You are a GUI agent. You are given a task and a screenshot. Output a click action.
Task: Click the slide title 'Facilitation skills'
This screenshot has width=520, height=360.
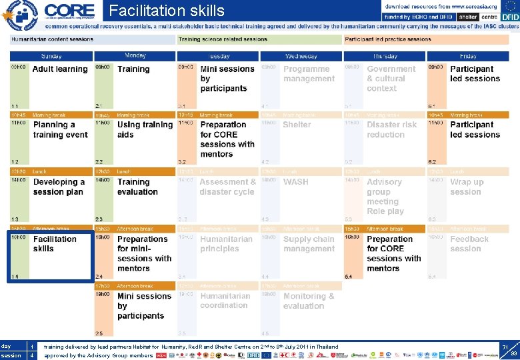[167, 11]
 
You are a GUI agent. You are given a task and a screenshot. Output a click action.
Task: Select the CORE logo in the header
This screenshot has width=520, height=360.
[70, 11]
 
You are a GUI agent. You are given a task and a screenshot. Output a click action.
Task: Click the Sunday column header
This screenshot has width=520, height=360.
[51, 56]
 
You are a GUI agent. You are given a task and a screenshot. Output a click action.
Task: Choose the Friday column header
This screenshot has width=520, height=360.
[468, 56]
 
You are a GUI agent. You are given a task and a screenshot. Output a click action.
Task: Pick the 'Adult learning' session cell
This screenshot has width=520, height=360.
[59, 69]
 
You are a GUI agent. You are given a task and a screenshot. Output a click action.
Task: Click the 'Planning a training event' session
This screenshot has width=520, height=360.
[60, 129]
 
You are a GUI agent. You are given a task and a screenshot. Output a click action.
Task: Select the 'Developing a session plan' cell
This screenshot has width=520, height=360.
[59, 187]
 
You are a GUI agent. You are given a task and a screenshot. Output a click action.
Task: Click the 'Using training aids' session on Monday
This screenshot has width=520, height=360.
[145, 129]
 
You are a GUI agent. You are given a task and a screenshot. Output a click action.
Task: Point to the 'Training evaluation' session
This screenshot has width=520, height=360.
[137, 187]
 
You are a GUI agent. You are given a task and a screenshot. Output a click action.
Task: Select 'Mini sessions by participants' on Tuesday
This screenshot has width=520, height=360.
[227, 78]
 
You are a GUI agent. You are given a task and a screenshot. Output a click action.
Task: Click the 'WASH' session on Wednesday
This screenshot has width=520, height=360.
[295, 181]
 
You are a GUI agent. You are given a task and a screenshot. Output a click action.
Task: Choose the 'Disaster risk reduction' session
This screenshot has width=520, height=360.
[392, 129]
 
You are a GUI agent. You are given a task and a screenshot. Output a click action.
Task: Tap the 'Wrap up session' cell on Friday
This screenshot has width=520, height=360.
[467, 187]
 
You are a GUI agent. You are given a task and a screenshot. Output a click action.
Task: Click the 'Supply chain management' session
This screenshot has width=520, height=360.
[309, 244]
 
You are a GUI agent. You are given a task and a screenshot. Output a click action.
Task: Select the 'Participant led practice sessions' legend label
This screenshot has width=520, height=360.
[388, 39]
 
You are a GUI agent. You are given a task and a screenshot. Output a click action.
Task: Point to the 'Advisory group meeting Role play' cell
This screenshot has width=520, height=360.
[385, 197]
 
